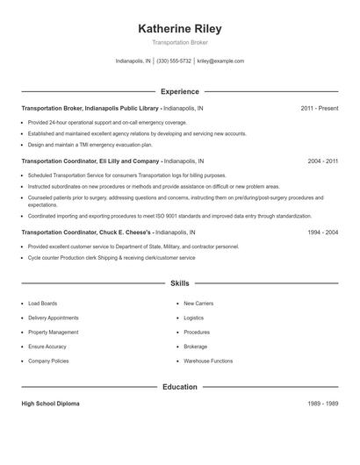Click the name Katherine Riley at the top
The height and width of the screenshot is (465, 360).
pos(179,28)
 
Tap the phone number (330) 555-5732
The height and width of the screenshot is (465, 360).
pos(173,61)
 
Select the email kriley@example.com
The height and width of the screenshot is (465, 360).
pos(220,61)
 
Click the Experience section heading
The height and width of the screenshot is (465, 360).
pos(179,91)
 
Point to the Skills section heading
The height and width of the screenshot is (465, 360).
pos(179,283)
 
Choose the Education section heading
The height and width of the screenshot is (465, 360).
pos(179,387)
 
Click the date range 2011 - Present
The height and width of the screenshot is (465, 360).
pos(319,108)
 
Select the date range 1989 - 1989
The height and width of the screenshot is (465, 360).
pos(322,404)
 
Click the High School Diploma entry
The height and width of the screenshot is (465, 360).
pos(50,404)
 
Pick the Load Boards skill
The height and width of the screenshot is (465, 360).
pos(42,304)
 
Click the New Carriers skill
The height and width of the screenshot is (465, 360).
pos(198,304)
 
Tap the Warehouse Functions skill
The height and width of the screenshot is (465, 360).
pos(208,361)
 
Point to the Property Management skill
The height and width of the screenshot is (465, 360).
pos(54,333)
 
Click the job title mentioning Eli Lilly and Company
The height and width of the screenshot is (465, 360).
pos(90,161)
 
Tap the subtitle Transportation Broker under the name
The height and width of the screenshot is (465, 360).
pos(179,42)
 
